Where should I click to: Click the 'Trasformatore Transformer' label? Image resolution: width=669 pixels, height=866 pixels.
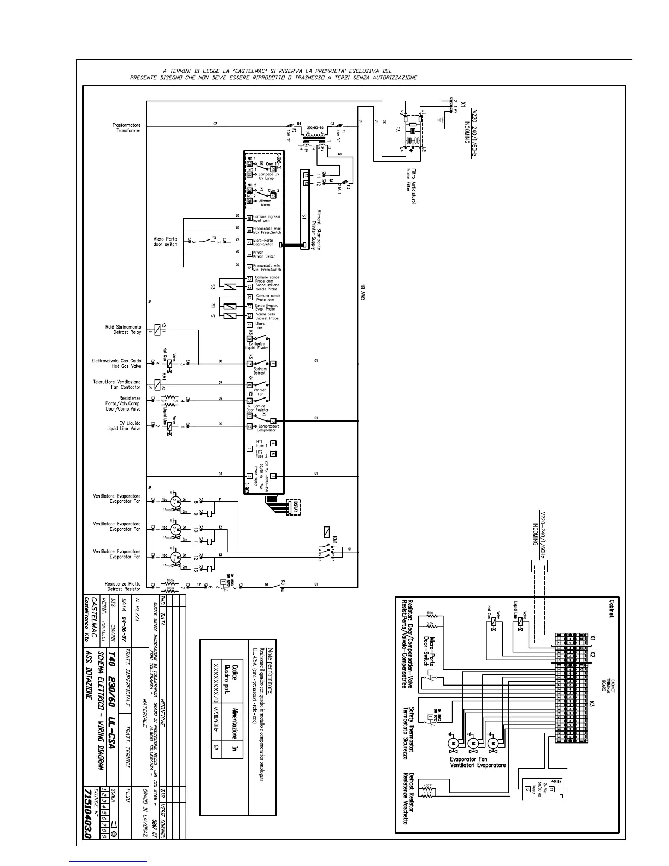[x=126, y=128]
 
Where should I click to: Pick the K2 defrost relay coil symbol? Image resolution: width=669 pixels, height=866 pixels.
[x=157, y=329]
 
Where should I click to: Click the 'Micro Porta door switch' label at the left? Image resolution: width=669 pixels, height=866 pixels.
[x=165, y=242]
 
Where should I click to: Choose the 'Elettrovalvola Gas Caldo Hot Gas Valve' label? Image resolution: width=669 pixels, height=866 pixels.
[x=116, y=364]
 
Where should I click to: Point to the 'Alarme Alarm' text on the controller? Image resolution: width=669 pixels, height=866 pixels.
[x=265, y=203]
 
